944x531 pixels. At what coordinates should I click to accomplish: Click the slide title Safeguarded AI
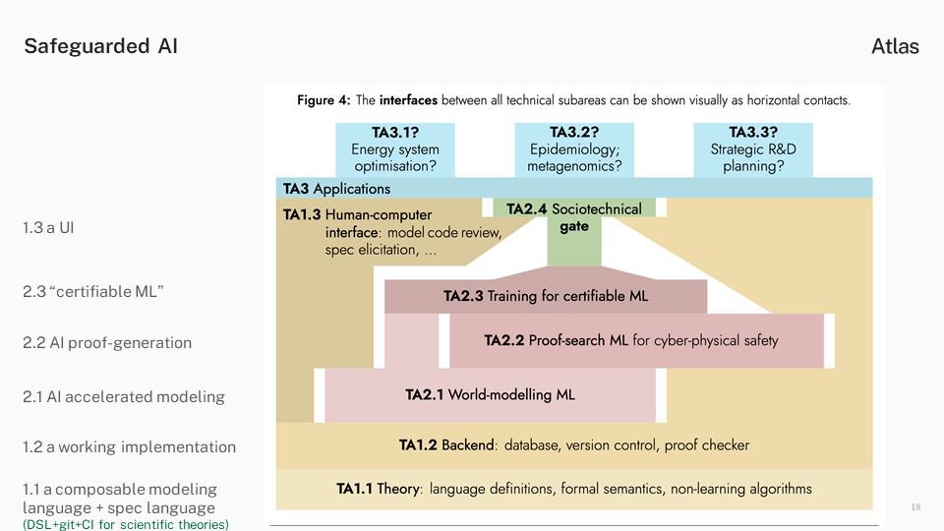[100, 46]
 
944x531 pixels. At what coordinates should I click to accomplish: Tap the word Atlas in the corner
[895, 46]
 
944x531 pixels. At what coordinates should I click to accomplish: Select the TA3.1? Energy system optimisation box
[395, 149]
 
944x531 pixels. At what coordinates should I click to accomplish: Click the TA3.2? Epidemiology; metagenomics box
[574, 149]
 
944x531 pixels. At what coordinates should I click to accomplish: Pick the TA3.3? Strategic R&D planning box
[753, 149]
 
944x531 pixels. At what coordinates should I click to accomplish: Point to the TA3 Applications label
[336, 189]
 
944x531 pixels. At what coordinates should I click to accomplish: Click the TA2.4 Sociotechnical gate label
[573, 217]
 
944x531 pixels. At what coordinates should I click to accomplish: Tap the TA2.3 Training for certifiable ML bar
[546, 296]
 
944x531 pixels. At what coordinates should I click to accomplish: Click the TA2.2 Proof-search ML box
[636, 341]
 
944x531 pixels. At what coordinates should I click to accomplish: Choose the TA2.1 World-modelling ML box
[490, 395]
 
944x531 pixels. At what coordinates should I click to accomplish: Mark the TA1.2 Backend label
[446, 444]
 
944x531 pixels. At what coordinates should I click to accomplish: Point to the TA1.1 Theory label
[378, 489]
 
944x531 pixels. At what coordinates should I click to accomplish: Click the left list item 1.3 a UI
[48, 227]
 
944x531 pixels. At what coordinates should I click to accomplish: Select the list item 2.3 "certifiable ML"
[93, 291]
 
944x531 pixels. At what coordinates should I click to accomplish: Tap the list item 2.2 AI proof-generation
[107, 342]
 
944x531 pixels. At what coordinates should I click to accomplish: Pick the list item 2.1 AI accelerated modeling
[124, 396]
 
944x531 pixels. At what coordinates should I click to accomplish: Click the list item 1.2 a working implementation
[130, 446]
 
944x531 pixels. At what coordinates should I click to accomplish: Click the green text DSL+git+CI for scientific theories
[126, 524]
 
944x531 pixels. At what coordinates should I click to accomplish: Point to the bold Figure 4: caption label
[324, 100]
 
